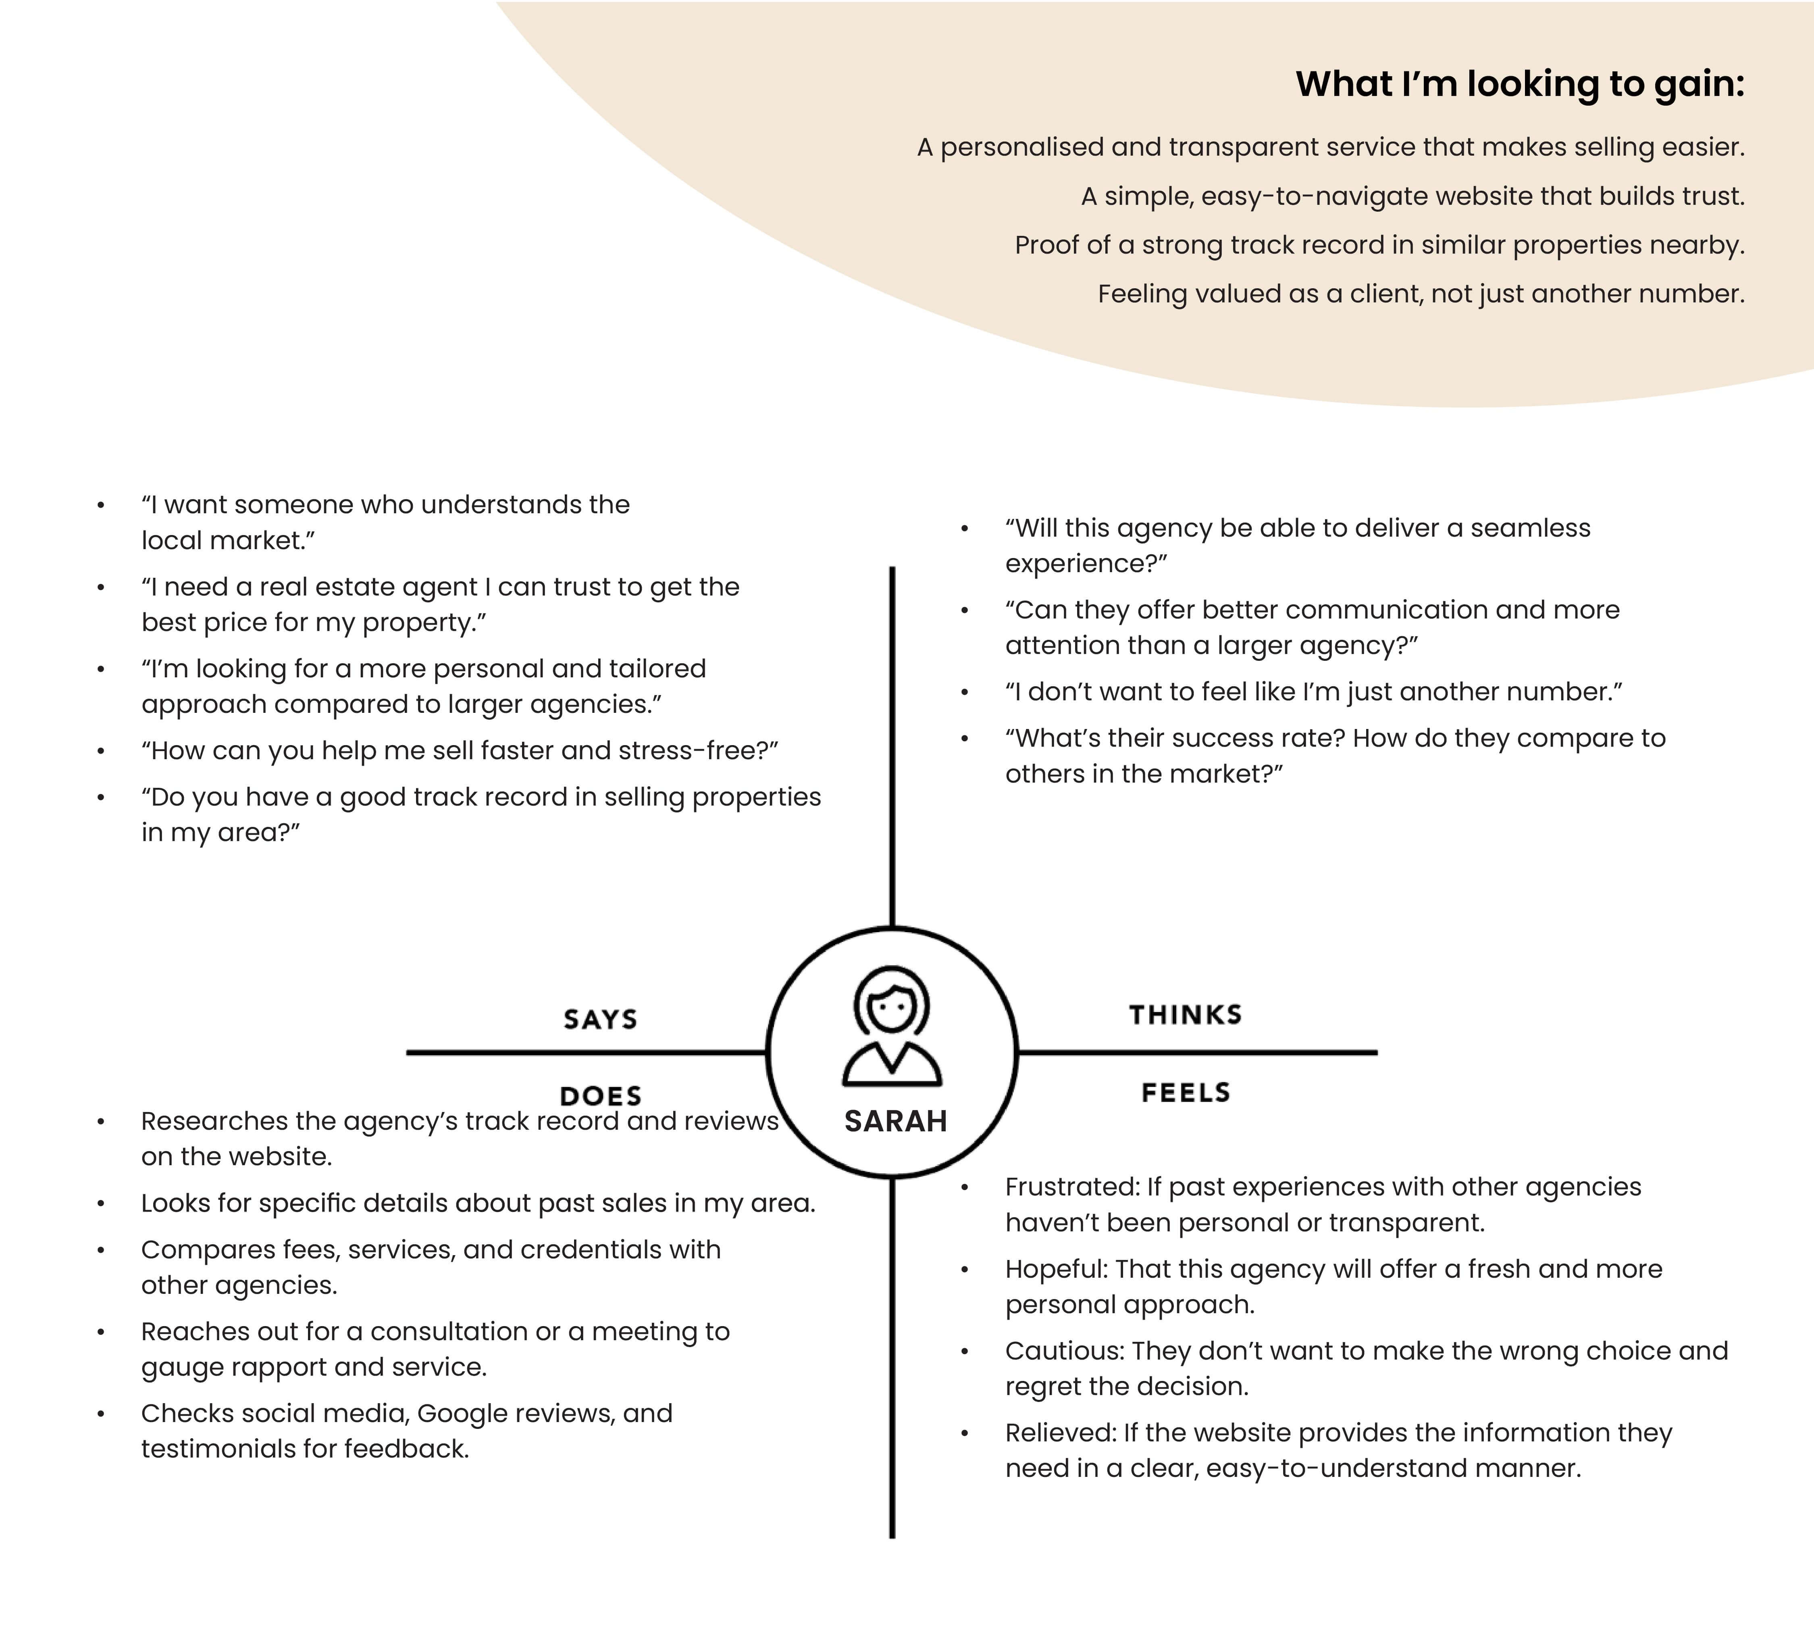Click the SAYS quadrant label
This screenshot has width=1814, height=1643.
(600, 1019)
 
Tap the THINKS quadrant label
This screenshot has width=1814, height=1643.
(1185, 1015)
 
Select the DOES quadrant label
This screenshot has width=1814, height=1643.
(600, 1096)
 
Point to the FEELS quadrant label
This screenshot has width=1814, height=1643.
(1185, 1092)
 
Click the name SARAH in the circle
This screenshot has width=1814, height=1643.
(895, 1121)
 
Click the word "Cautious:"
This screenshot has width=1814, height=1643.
(1065, 1351)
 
